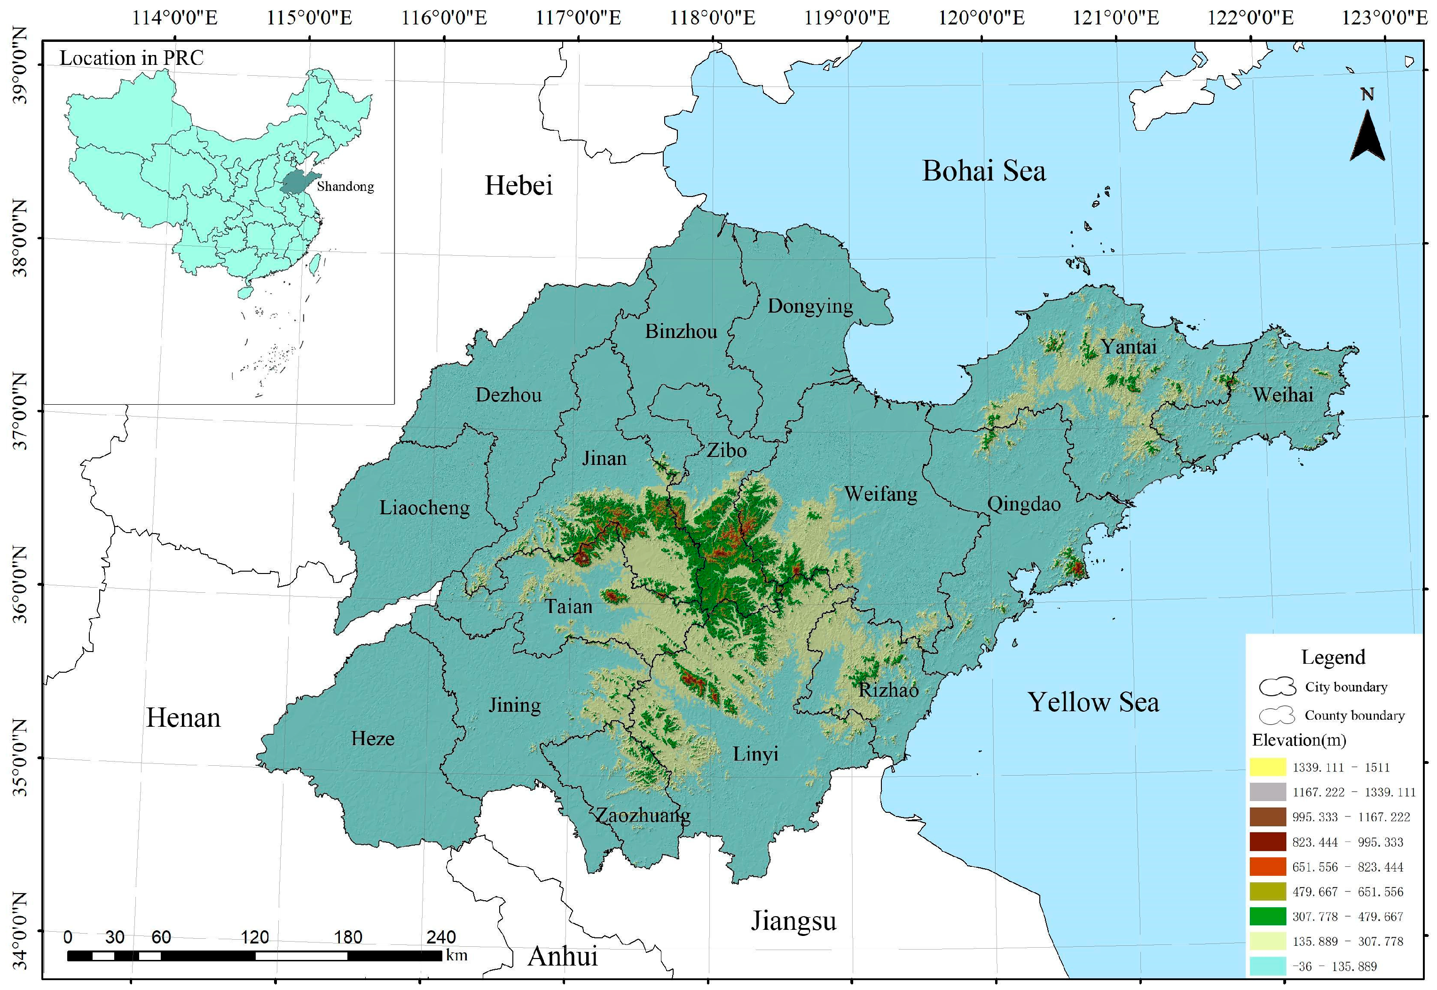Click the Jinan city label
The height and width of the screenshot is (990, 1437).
tap(604, 458)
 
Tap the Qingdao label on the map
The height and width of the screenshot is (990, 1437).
tap(1023, 504)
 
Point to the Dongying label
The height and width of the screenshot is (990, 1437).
tap(810, 306)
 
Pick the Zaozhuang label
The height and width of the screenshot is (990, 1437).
tap(643, 815)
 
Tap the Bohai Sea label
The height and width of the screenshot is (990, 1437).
tap(984, 171)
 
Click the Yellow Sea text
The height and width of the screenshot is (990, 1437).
tap(1093, 702)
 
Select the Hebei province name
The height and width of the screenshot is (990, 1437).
tap(518, 186)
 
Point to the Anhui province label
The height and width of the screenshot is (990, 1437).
tap(563, 957)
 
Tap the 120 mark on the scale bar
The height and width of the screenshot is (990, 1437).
tap(255, 937)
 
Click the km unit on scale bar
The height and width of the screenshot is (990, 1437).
tap(456, 955)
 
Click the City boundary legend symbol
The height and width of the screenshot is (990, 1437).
tap(1277, 687)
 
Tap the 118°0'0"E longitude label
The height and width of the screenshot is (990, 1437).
tap(712, 17)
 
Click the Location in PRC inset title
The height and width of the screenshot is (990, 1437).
tap(132, 58)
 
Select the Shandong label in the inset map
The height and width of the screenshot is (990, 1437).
tap(346, 186)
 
